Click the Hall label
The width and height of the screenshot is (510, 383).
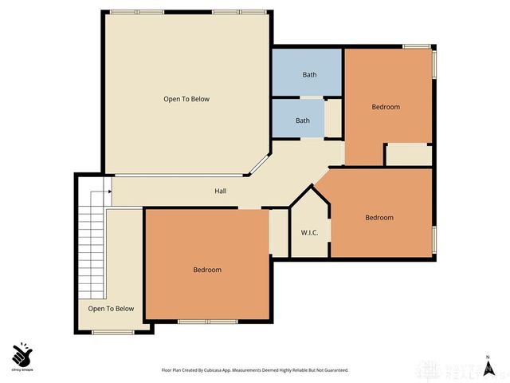[220, 191]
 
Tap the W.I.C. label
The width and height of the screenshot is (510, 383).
[310, 233]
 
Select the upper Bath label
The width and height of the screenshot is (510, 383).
[309, 75]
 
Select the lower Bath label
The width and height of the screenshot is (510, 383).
[303, 121]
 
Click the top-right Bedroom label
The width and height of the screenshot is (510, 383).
[386, 106]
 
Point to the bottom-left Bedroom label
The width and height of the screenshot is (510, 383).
[207, 270]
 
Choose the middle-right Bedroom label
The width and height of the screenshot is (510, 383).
[379, 218]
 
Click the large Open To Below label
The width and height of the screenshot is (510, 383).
[186, 99]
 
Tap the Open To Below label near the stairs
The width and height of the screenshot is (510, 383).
[111, 309]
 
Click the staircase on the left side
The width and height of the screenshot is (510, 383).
[92, 239]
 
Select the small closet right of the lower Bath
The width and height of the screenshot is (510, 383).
[333, 120]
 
